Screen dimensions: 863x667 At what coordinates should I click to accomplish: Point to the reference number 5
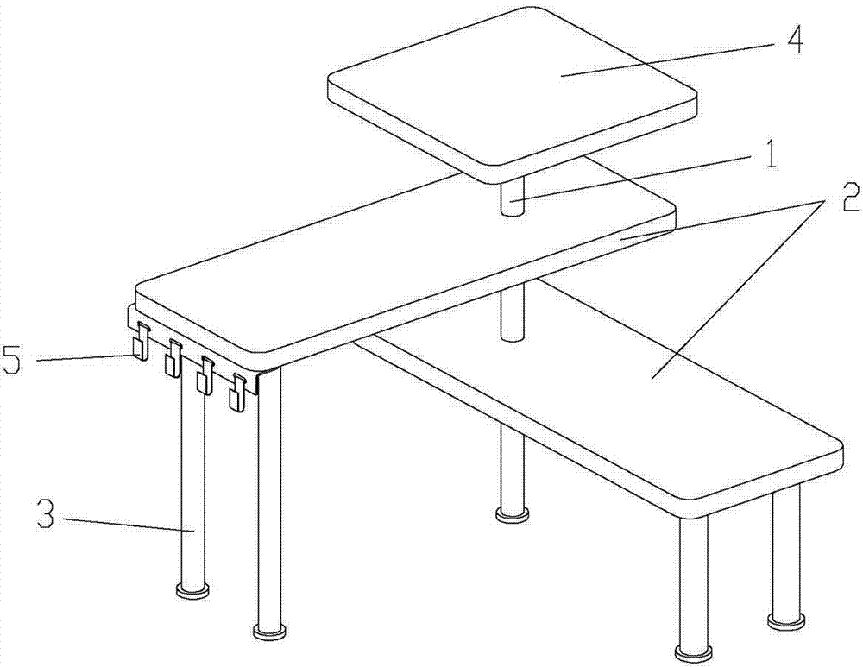coord(12,359)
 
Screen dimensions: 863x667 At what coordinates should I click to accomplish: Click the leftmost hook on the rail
coord(141,341)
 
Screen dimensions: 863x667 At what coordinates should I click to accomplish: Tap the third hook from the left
coord(205,374)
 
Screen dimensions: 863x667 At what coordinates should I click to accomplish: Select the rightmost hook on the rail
coord(237,392)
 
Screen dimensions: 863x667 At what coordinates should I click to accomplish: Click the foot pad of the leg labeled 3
coord(192,592)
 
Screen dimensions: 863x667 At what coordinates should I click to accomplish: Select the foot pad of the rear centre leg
coord(513,515)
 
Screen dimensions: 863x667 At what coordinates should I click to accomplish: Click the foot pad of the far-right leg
coord(784,621)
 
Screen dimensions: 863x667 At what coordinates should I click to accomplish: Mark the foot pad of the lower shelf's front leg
coord(694,654)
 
